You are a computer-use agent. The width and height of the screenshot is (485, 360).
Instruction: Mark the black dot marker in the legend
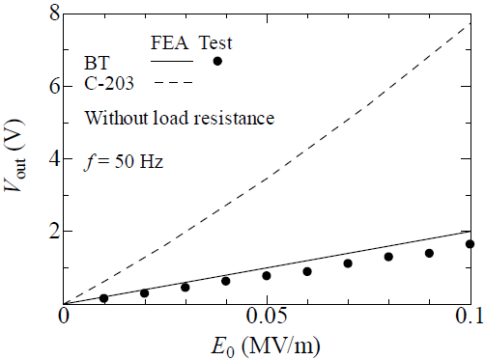(217, 61)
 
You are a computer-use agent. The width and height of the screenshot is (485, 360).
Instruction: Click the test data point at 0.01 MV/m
(104, 298)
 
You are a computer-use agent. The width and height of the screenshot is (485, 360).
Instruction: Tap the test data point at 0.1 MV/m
(470, 244)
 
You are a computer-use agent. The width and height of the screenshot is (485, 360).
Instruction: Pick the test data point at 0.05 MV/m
(267, 276)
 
